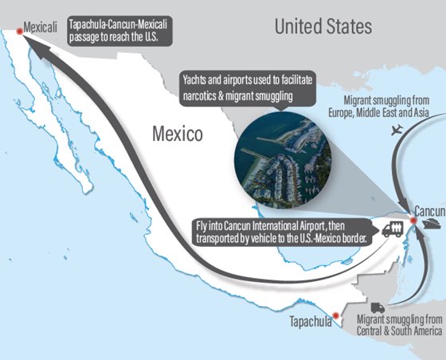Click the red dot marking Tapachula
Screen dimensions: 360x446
[x=336, y=316]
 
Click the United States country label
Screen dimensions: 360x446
[x=323, y=26]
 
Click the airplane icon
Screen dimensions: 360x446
[x=397, y=131]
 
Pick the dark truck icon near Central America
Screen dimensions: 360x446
[x=378, y=308]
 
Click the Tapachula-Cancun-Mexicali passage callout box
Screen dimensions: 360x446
[x=119, y=29]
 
